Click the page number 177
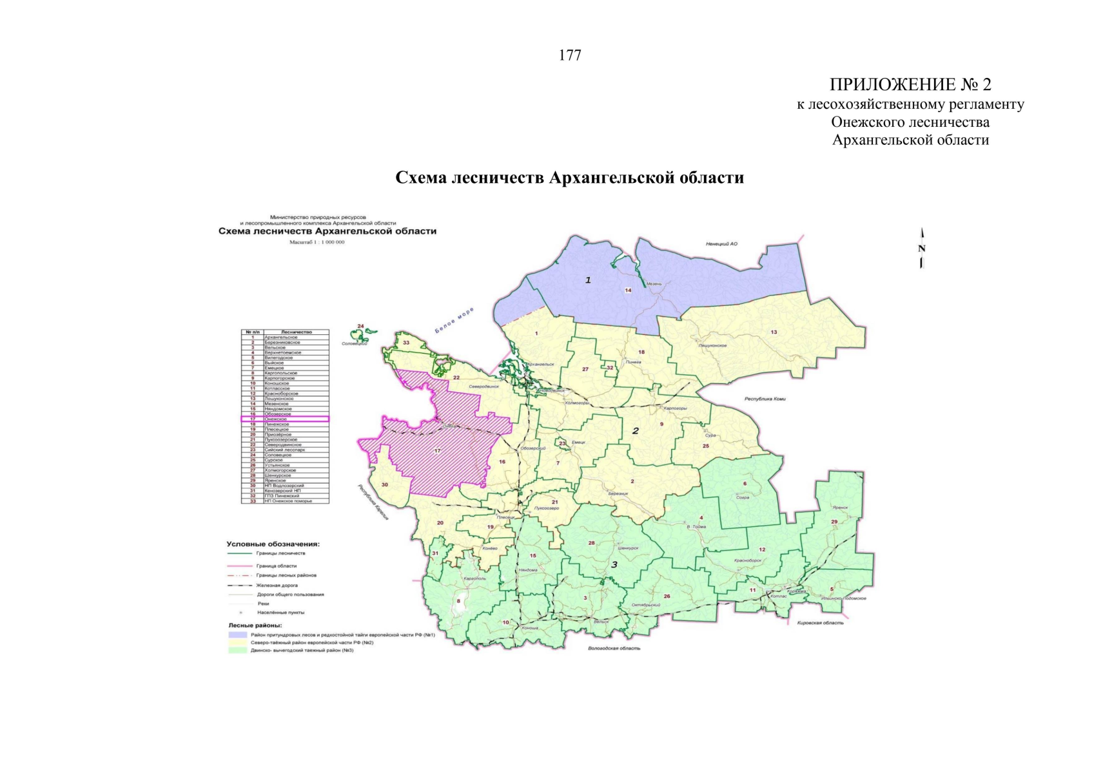[x=570, y=56]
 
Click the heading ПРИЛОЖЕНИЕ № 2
[x=910, y=84]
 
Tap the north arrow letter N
[x=921, y=249]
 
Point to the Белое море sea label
[x=454, y=320]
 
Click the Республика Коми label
[x=765, y=399]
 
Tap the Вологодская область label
[x=614, y=648]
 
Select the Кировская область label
[x=820, y=623]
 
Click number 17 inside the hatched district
[x=437, y=451]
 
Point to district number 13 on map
[x=774, y=332]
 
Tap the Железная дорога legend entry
[x=277, y=586]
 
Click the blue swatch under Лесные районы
[x=237, y=635]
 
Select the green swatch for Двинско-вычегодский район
[x=237, y=651]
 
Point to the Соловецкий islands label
[x=355, y=344]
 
